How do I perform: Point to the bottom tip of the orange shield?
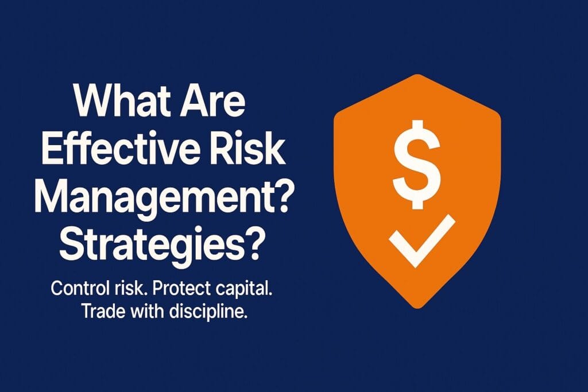click(x=417, y=308)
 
